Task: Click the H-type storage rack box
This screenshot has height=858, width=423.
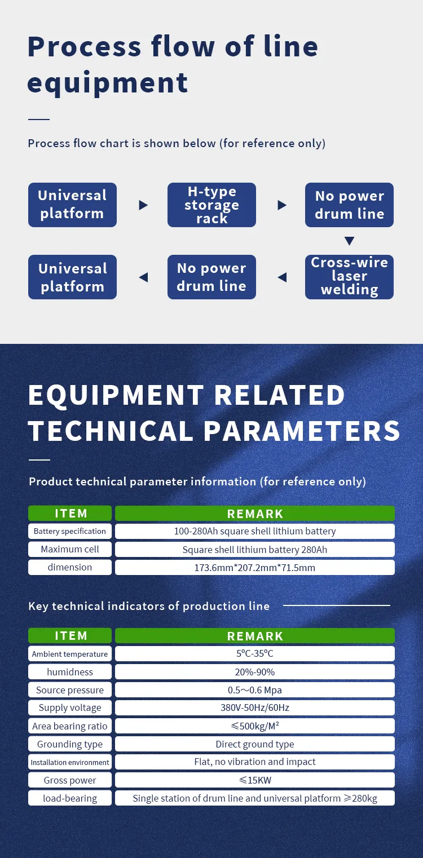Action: [x=211, y=205]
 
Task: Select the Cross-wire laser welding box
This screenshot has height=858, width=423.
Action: [x=349, y=277]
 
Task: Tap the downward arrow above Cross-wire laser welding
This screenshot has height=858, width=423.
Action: [x=349, y=241]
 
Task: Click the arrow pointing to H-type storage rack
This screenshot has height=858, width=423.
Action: [x=143, y=205]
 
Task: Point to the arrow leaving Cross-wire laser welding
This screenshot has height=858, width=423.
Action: [x=282, y=277]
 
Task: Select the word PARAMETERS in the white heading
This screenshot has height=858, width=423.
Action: [x=302, y=431]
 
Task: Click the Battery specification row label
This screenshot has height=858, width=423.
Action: [x=70, y=531]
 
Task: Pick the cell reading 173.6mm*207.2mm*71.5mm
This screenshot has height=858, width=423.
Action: [x=255, y=568]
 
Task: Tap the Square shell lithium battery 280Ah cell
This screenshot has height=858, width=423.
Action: [x=255, y=550]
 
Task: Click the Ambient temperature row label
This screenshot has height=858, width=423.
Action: [x=70, y=654]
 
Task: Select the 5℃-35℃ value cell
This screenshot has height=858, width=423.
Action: [x=255, y=654]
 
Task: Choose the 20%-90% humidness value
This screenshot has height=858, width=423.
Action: [x=255, y=672]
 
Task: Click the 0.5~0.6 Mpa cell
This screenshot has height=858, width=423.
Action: [x=255, y=690]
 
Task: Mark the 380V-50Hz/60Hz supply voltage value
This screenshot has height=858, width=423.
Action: [x=255, y=708]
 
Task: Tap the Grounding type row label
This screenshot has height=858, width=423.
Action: [x=70, y=744]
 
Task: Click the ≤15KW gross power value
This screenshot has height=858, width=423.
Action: [x=255, y=780]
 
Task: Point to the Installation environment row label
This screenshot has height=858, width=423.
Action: [x=70, y=762]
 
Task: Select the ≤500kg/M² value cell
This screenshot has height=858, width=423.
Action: [x=255, y=726]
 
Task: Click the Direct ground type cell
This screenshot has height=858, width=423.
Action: [x=255, y=744]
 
